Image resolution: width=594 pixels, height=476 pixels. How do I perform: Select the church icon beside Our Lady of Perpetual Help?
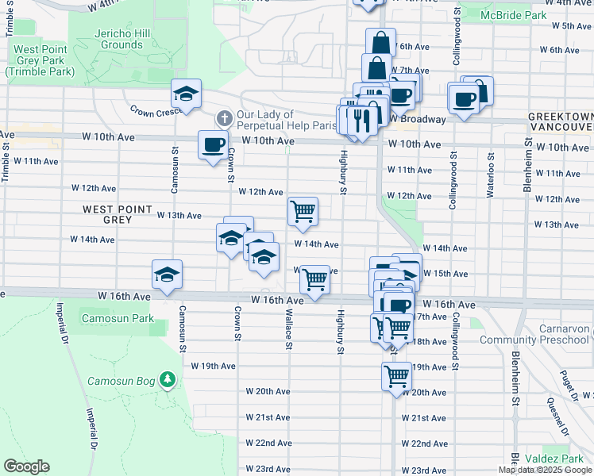[x=225, y=119]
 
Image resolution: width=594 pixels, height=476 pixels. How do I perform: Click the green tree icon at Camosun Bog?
[x=167, y=380]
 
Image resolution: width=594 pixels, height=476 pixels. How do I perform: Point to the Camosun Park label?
[x=118, y=319]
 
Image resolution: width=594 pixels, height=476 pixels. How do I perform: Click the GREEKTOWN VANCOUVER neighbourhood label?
[x=560, y=122]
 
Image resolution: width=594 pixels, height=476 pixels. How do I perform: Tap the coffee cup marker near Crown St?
[x=212, y=145]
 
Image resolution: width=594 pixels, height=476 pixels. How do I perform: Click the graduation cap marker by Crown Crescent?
[x=186, y=94]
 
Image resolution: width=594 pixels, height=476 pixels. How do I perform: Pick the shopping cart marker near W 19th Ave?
[x=396, y=375]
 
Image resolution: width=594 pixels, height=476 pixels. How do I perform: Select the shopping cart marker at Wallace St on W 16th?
[x=315, y=278]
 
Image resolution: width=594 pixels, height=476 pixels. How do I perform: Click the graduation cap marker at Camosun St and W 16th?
[x=167, y=274]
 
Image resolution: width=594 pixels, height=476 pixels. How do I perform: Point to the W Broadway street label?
[x=417, y=120]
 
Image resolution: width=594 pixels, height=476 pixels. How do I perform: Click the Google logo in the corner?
[x=26, y=466]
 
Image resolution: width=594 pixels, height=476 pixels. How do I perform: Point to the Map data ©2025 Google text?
[x=544, y=470]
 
